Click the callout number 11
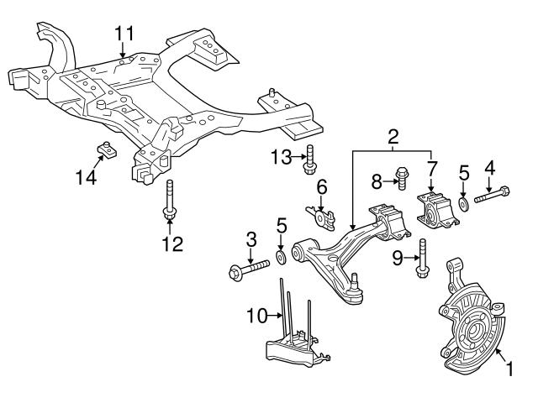[124, 34]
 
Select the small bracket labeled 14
[106, 149]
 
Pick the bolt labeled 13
[310, 158]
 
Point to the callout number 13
[281, 157]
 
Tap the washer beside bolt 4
[463, 204]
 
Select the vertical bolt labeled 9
[421, 257]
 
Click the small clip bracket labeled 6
[319, 215]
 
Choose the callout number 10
[254, 316]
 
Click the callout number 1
[508, 367]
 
